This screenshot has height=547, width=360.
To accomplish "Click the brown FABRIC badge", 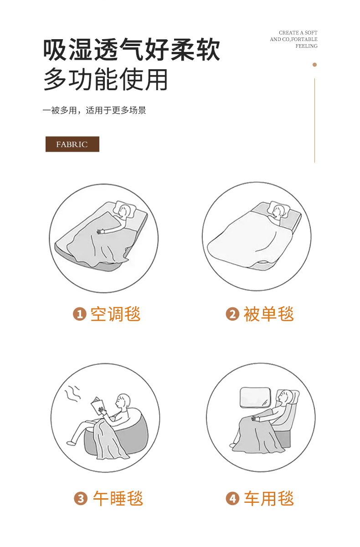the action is (x=72, y=144).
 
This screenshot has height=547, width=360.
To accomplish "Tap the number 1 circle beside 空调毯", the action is (x=80, y=314).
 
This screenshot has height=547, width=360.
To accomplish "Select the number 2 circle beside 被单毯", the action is (x=232, y=314).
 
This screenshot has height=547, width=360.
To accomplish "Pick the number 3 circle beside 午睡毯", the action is (x=81, y=499).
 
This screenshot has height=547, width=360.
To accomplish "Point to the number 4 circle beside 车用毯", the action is (x=232, y=499).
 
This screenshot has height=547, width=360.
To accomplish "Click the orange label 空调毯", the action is (x=116, y=314).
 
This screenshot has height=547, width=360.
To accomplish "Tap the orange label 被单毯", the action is (x=268, y=314).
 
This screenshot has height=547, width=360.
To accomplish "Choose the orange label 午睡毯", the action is (x=118, y=498).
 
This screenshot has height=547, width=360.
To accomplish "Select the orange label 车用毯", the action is (x=268, y=498).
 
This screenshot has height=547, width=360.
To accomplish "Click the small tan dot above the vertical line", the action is (x=314, y=65).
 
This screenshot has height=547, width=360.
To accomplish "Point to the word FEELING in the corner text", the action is (x=307, y=46).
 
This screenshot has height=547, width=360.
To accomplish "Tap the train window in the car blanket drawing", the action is (x=255, y=398).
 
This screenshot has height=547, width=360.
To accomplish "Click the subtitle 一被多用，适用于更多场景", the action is (x=94, y=110).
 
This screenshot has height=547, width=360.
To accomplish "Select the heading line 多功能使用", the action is (x=106, y=79).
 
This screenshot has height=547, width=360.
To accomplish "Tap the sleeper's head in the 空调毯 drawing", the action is (x=124, y=211).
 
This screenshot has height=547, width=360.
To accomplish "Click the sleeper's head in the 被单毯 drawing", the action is (x=278, y=211).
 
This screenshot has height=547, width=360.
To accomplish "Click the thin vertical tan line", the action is (x=314, y=120).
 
